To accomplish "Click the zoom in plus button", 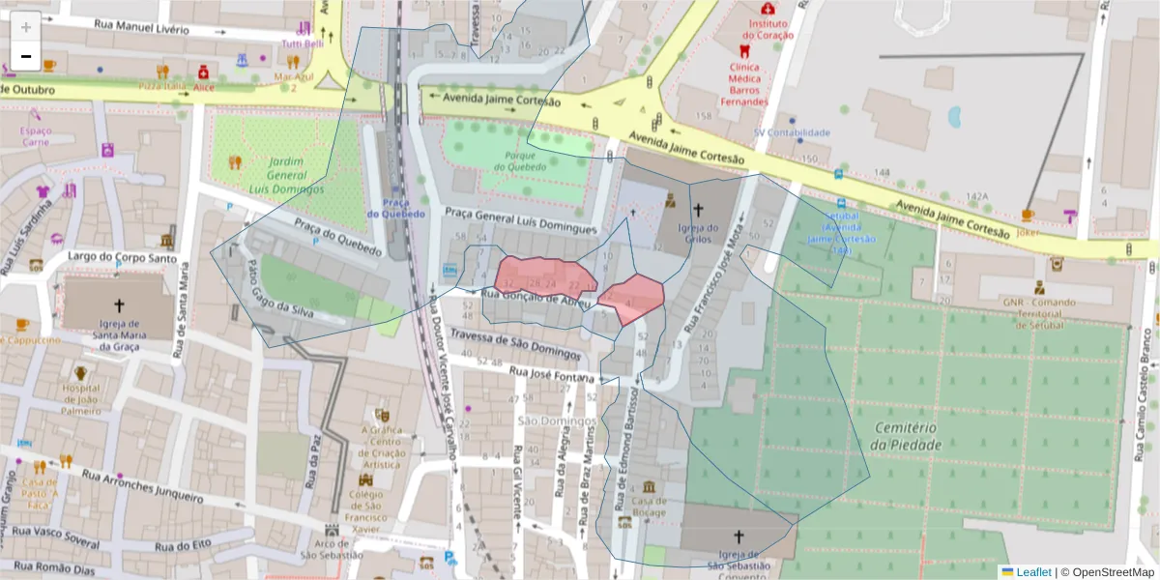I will pyautogui.click(x=26, y=26).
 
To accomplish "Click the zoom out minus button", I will pyautogui.click(x=26, y=57).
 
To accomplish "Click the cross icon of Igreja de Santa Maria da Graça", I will pyautogui.click(x=119, y=304).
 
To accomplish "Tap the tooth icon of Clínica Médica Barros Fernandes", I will pyautogui.click(x=744, y=51).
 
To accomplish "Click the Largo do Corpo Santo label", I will pyautogui.click(x=123, y=258).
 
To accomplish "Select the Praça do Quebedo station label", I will pyautogui.click(x=395, y=207).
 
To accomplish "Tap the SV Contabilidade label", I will pyautogui.click(x=792, y=132).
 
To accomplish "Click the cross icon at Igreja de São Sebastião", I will pyautogui.click(x=739, y=536).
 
